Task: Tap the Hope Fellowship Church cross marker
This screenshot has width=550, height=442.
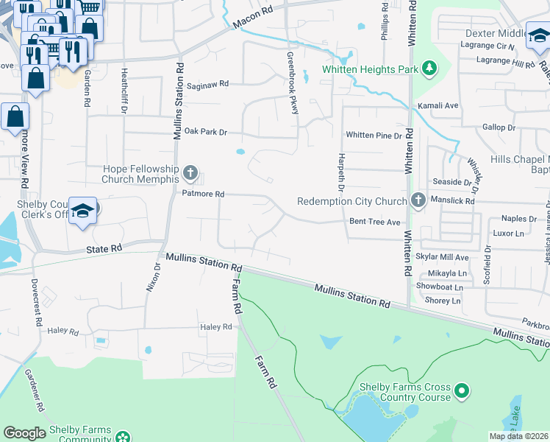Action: click(190, 174)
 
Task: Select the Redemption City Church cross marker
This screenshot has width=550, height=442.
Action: click(418, 200)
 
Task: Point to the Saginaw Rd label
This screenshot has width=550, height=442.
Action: click(207, 84)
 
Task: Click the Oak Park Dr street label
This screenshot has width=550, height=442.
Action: click(206, 132)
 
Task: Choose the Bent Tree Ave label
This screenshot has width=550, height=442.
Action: click(374, 222)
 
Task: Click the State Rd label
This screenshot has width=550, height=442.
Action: click(104, 249)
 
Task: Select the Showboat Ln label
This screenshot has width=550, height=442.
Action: click(439, 287)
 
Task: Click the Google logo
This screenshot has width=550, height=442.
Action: click(24, 433)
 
